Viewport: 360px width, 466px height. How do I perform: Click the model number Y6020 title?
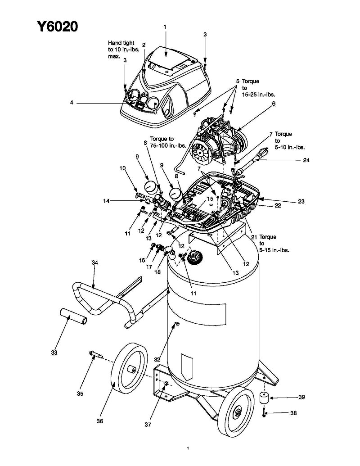pos(57,27)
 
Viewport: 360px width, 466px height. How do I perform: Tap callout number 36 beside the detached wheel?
pos(100,421)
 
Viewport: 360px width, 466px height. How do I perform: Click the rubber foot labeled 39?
pos(264,398)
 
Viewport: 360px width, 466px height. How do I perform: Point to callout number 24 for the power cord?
pos(306,160)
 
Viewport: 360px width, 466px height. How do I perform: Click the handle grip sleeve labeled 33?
pos(73,316)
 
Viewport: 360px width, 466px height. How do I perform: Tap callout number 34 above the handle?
pos(95,263)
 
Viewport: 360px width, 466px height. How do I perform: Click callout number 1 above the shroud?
pos(165,27)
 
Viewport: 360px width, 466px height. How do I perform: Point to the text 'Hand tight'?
pos(121,43)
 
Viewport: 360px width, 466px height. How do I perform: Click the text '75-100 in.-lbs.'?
pos(168,145)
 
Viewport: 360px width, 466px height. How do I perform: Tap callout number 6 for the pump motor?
pos(274,104)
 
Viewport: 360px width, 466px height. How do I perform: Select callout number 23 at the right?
pos(301,202)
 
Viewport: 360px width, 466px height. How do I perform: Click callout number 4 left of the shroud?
pos(72,103)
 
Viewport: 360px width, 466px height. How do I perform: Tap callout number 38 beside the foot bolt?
pos(293,413)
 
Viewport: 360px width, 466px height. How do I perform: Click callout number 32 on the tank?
pos(157,360)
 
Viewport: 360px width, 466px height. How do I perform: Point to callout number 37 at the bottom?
pos(148,425)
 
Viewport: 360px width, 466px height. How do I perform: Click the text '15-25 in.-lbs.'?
pos(258,95)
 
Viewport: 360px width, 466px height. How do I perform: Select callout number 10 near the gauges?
pos(122,168)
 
